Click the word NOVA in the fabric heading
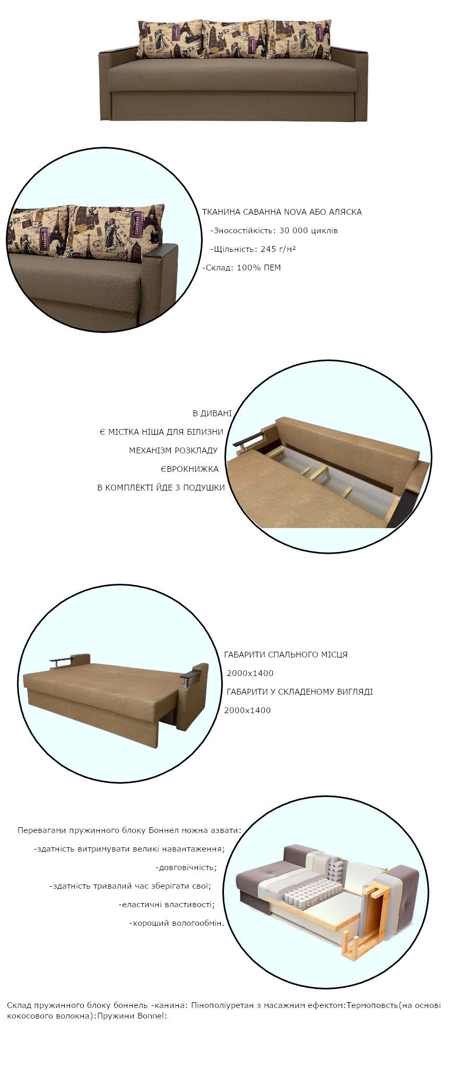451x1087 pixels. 294,212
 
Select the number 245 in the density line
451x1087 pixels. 268,249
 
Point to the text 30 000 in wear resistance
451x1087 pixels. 294,231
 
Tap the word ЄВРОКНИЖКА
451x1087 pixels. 189,469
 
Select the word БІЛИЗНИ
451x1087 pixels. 205,432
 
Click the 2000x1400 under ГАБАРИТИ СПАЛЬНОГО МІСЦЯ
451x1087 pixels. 250,673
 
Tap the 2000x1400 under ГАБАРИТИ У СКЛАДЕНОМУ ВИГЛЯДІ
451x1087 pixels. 247,711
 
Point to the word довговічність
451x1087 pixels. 186,867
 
